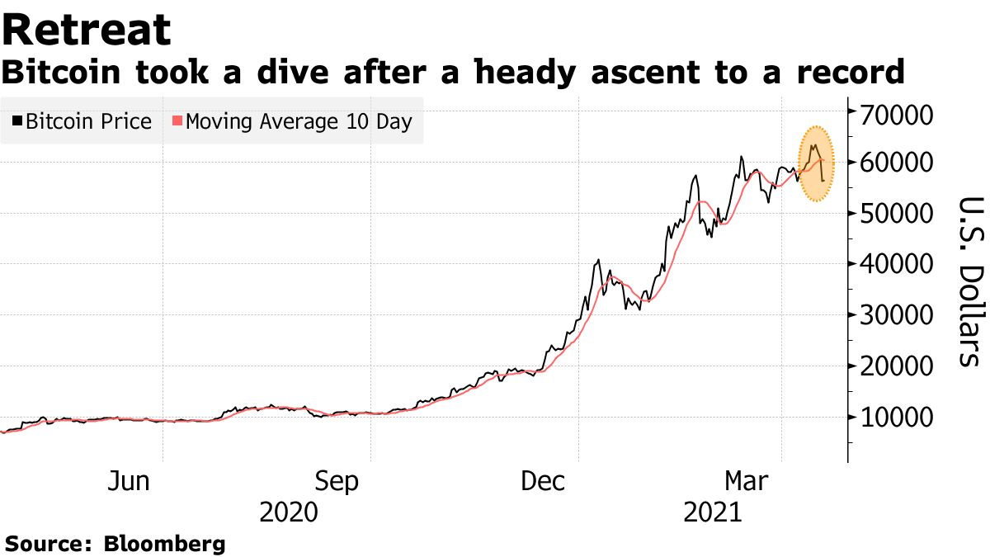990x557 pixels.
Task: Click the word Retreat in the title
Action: click(86, 30)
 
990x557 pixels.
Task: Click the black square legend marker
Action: click(18, 122)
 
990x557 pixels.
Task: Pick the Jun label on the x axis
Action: click(129, 481)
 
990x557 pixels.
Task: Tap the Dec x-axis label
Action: click(543, 481)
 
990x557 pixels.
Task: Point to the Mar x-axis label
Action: click(747, 481)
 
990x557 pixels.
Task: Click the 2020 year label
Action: click(288, 513)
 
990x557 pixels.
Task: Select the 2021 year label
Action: click(714, 513)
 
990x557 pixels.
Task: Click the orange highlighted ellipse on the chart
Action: click(816, 164)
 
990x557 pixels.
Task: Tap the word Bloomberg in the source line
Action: click(164, 544)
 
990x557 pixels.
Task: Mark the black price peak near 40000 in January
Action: click(597, 261)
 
